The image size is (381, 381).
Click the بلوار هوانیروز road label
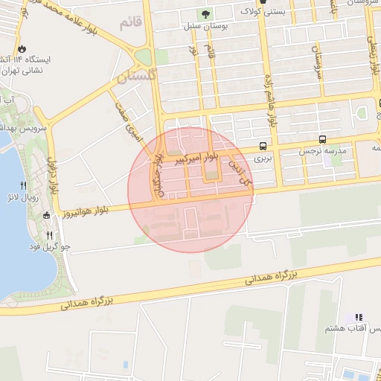click(x=86, y=211)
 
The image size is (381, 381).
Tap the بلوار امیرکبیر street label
click(x=192, y=158)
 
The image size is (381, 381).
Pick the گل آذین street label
click(x=240, y=169)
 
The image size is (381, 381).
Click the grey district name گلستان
click(x=138, y=75)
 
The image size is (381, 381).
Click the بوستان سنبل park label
click(x=204, y=28)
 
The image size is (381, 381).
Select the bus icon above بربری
click(x=263, y=146)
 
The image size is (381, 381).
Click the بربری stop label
click(x=263, y=158)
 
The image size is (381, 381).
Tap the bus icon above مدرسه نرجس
click(x=322, y=138)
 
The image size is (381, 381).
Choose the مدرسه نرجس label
click(x=323, y=150)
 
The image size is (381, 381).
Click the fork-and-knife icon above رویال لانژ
click(x=25, y=185)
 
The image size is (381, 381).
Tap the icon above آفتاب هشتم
click(x=358, y=317)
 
